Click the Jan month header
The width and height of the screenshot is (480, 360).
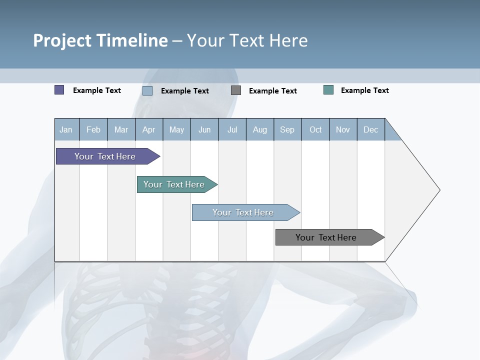tap(66, 130)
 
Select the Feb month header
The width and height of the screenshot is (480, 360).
tap(93, 130)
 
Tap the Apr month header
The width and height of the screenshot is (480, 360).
tap(149, 130)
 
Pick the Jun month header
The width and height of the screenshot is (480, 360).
tap(204, 130)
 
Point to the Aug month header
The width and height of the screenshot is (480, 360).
tap(260, 130)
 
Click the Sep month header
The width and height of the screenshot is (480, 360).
tap(287, 130)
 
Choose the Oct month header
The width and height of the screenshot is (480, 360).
tap(315, 130)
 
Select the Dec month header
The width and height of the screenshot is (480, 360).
tap(371, 130)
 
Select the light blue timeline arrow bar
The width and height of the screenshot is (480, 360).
tap(243, 212)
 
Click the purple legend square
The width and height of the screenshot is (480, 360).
tap(59, 90)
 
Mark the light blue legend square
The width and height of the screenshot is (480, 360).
tap(147, 90)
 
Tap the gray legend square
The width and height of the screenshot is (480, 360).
tap(236, 90)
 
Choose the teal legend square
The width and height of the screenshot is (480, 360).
tap(328, 90)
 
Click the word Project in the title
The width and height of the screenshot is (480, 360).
tap(61, 40)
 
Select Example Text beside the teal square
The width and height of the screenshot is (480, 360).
tap(364, 90)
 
